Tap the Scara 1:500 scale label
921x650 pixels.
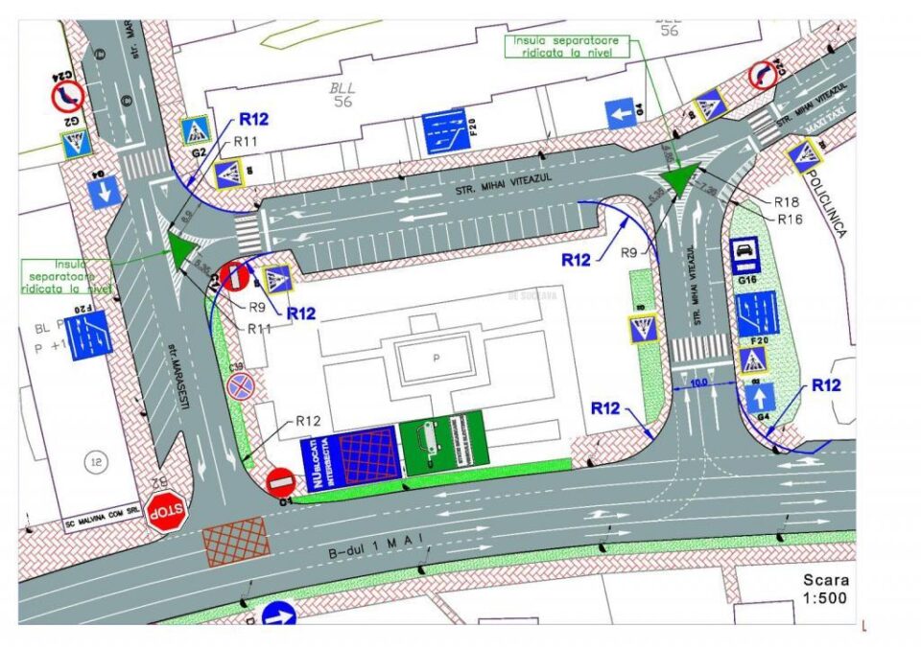[x=825, y=589]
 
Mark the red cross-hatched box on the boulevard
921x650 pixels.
[x=236, y=541]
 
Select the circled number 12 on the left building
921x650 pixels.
[x=95, y=462]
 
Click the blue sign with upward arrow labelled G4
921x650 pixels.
[x=758, y=396]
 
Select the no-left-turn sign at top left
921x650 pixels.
[x=66, y=94]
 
